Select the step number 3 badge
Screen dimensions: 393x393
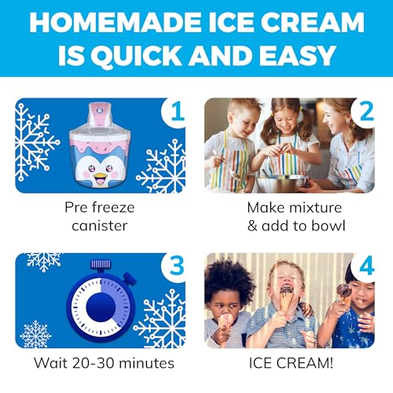pos(177,266)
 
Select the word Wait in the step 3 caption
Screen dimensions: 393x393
pos(51,365)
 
